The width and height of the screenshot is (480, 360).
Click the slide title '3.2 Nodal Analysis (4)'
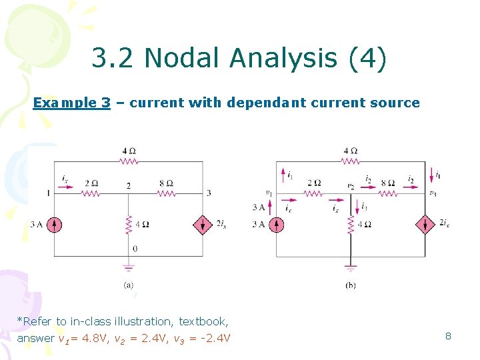click(x=239, y=59)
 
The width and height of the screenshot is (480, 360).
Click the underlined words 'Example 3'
click(x=72, y=103)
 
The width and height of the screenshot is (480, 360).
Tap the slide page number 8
click(x=448, y=336)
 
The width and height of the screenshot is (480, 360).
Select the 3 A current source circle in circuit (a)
click(x=55, y=225)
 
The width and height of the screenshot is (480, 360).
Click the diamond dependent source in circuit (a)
click(x=203, y=225)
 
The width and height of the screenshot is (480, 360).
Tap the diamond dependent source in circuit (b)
click(x=425, y=225)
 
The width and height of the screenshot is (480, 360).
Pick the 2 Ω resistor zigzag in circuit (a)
click(x=91, y=193)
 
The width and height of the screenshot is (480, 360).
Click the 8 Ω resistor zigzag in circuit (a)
click(x=167, y=193)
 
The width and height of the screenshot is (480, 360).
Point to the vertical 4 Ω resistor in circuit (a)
click(x=129, y=224)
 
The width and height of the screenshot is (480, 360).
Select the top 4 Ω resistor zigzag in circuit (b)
click(x=351, y=161)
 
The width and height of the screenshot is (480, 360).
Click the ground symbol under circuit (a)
click(x=129, y=267)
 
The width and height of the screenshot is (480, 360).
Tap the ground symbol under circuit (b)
click(x=350, y=268)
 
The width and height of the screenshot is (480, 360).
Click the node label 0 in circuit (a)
click(x=135, y=248)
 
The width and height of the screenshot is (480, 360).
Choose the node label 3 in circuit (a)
click(x=209, y=193)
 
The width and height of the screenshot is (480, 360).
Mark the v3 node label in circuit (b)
click(x=433, y=194)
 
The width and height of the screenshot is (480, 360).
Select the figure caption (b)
click(x=351, y=285)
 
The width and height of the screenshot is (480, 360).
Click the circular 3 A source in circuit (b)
click(x=277, y=225)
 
